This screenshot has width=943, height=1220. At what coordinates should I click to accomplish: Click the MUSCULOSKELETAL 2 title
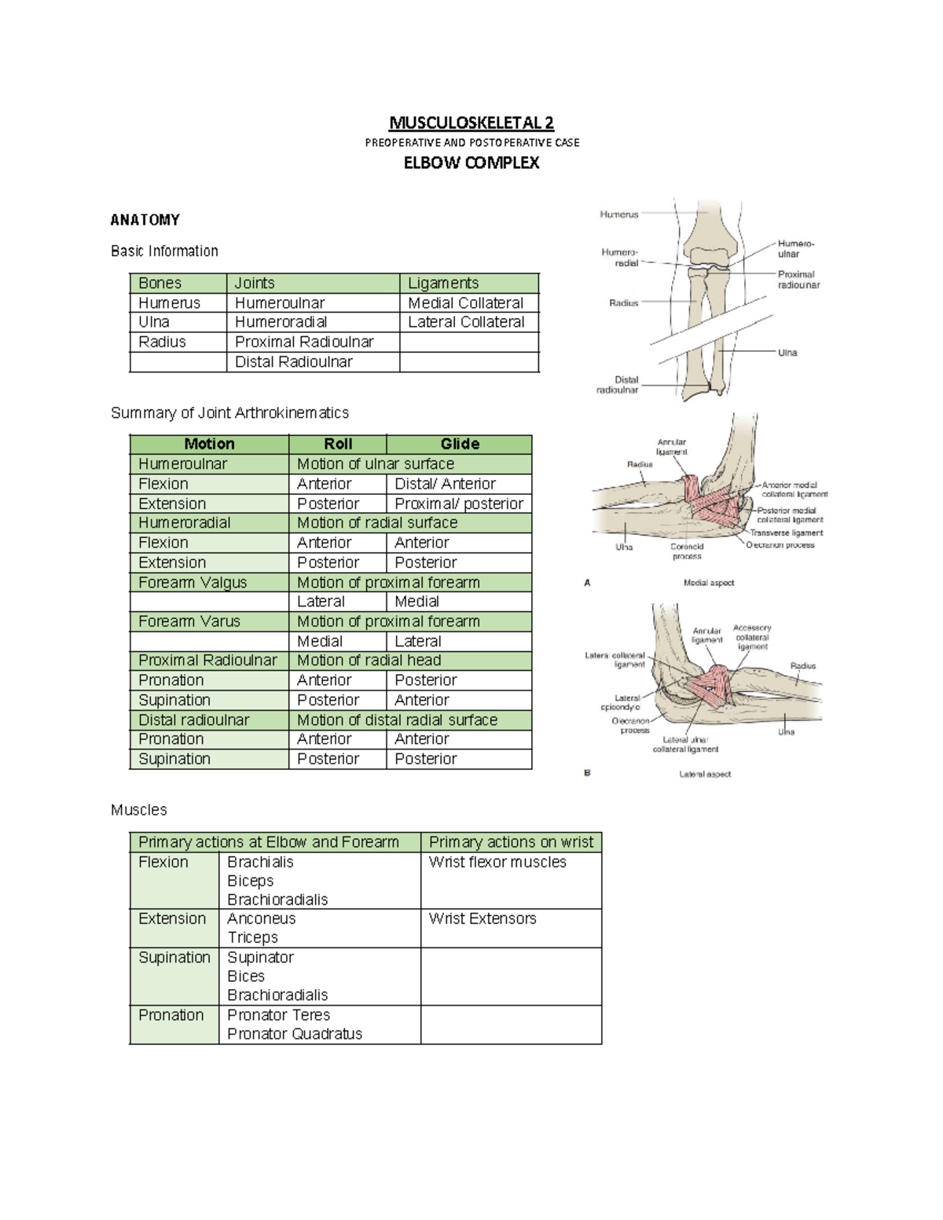pyautogui.click(x=472, y=123)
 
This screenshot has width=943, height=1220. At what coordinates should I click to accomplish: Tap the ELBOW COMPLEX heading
pyautogui.click(x=472, y=163)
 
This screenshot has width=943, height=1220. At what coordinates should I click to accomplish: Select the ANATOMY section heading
pyautogui.click(x=145, y=220)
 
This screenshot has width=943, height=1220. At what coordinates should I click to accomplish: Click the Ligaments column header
pyautogui.click(x=443, y=283)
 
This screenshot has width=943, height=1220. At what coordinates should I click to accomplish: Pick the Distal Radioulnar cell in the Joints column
pyautogui.click(x=293, y=361)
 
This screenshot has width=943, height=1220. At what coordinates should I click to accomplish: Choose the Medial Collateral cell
pyautogui.click(x=465, y=302)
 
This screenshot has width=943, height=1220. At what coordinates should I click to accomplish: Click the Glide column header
pyautogui.click(x=460, y=444)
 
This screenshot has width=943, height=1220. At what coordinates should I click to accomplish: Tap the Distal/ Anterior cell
pyautogui.click(x=445, y=484)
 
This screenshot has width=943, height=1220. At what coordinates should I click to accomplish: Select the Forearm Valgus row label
pyautogui.click(x=193, y=582)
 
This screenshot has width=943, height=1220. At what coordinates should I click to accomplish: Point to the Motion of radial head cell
pyautogui.click(x=369, y=660)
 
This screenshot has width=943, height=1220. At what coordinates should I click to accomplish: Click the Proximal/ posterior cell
pyautogui.click(x=458, y=504)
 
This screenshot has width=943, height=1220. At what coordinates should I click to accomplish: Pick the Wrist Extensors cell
pyautogui.click(x=483, y=918)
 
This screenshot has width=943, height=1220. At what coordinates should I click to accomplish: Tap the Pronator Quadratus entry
pyautogui.click(x=295, y=1034)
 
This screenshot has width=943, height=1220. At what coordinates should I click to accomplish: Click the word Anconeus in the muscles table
pyautogui.click(x=262, y=918)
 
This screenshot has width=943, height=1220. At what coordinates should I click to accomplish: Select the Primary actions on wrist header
pyautogui.click(x=511, y=842)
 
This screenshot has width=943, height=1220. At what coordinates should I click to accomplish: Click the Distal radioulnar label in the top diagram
pyautogui.click(x=618, y=384)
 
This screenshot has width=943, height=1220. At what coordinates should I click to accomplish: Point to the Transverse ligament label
pyautogui.click(x=786, y=533)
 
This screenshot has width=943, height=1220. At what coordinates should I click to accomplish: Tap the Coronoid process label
pyautogui.click(x=687, y=551)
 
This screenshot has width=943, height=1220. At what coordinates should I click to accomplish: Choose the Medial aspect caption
pyautogui.click(x=709, y=583)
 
